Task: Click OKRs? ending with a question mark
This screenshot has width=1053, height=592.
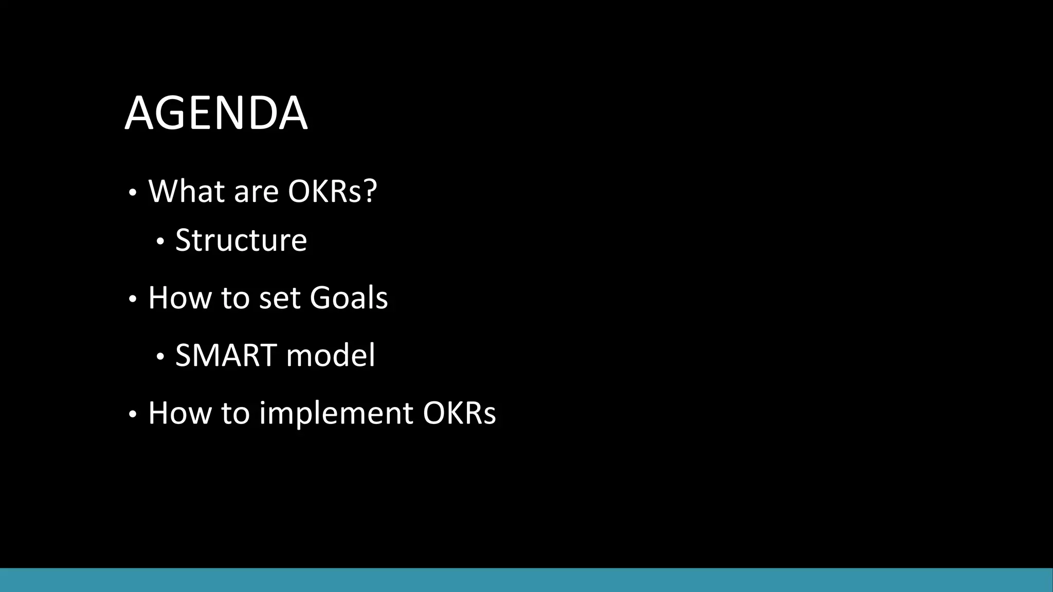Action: coord(332,191)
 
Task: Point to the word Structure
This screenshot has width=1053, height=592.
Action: coord(241,240)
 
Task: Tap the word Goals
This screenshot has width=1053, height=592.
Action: coord(349,298)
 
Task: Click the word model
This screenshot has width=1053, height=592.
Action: coord(331,355)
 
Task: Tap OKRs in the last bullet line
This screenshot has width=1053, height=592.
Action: coord(459,413)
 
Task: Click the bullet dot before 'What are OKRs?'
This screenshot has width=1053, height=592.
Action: coord(133,194)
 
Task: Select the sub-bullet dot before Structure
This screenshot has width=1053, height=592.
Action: coord(160,242)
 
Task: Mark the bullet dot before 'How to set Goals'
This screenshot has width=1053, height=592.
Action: coord(133,300)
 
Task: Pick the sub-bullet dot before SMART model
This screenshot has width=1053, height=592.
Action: coord(160,357)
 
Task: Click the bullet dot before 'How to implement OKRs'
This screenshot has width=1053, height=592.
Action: coord(133,415)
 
